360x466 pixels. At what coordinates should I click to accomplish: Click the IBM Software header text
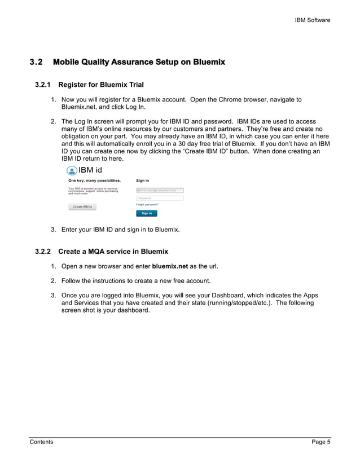[x=313, y=20]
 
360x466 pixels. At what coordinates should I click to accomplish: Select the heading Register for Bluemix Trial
[x=101, y=85]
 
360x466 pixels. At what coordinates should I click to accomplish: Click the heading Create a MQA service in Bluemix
[x=113, y=251]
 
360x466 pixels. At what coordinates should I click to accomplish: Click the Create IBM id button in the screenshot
[x=82, y=207]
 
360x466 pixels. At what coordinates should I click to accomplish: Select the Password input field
[x=160, y=198]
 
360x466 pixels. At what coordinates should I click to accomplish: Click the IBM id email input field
[x=160, y=190]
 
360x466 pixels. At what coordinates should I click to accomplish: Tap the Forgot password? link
[x=147, y=204]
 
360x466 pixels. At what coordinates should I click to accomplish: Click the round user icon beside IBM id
[x=72, y=171]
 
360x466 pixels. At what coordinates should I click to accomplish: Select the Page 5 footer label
[x=321, y=442]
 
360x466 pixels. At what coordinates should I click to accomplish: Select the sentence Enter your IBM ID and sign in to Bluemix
[x=120, y=230]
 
